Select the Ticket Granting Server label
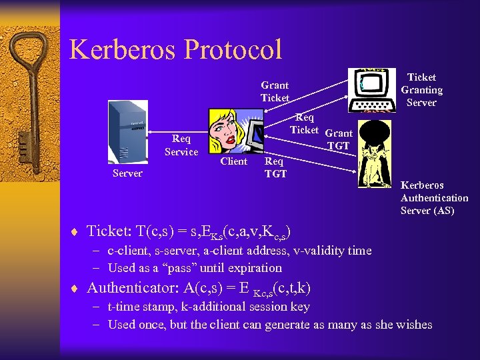421,90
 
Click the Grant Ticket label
275,91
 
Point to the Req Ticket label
304,124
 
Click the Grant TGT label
339,139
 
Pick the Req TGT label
275,167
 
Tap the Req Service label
181,145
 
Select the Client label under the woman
233,161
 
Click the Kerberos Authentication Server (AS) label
434,198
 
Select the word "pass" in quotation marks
165,268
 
